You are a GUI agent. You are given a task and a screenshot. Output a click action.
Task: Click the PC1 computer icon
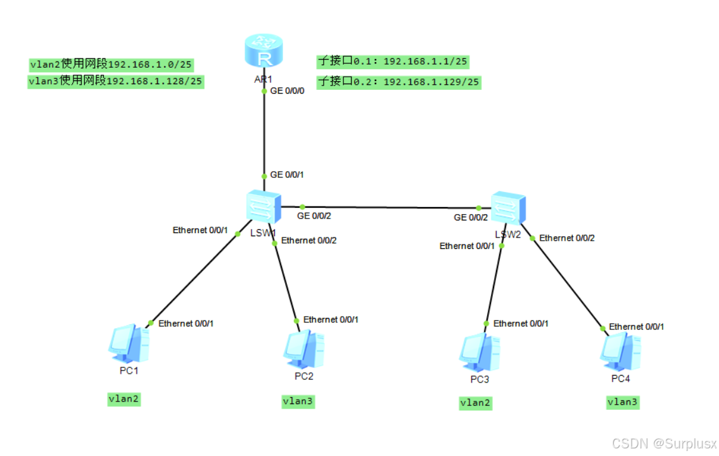click(129, 345)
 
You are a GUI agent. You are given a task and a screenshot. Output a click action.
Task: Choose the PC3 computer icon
click(480, 352)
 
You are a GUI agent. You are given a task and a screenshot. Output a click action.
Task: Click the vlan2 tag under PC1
click(124, 399)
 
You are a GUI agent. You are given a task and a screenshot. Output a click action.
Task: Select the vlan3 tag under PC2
click(298, 401)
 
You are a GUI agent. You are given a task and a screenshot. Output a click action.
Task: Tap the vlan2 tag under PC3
click(476, 402)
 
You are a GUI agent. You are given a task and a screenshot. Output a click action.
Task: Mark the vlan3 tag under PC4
click(622, 402)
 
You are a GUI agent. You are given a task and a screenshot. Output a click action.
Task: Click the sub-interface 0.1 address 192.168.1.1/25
click(392, 61)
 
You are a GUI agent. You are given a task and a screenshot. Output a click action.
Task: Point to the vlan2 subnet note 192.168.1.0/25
click(111, 64)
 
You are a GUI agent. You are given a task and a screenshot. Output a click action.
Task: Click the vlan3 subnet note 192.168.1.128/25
click(115, 81)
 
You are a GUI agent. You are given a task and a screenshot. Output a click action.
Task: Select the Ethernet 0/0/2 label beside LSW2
click(567, 238)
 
